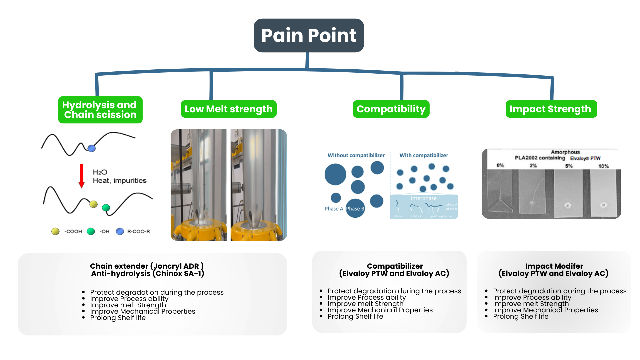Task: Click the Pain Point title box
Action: pos(309,35)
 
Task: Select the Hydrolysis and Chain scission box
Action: pos(100,110)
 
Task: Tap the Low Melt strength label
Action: pos(229,109)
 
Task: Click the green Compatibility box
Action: pos(391,109)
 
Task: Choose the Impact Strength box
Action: pos(551,109)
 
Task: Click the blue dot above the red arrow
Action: pos(92,148)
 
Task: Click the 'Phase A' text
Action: pos(334,209)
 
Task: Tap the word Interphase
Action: pos(423,198)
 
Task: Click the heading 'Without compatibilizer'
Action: pos(356,155)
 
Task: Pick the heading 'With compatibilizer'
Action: pos(424,155)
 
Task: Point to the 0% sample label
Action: pos(500,165)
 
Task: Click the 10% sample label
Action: pos(603,166)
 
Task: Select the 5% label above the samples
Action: pos(569,166)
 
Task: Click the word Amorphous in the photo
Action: pos(565,152)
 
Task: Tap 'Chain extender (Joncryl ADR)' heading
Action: pos(147,266)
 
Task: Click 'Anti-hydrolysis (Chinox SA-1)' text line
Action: pos(147,274)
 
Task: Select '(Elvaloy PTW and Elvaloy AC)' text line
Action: pos(394,274)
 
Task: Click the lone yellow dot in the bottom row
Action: pos(55,231)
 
